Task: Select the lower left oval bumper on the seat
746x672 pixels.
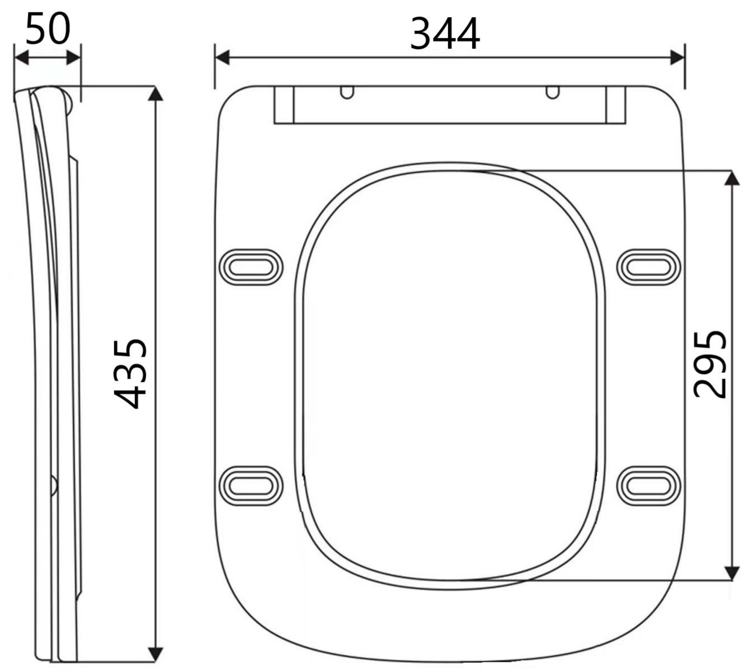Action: point(251,486)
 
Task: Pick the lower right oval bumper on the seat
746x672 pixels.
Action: point(648,486)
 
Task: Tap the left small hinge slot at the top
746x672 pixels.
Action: point(346,92)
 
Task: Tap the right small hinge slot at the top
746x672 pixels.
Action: point(552,92)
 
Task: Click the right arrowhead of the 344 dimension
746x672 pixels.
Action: point(678,57)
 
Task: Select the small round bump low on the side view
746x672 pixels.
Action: point(54,485)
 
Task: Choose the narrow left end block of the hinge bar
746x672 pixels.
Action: point(284,105)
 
